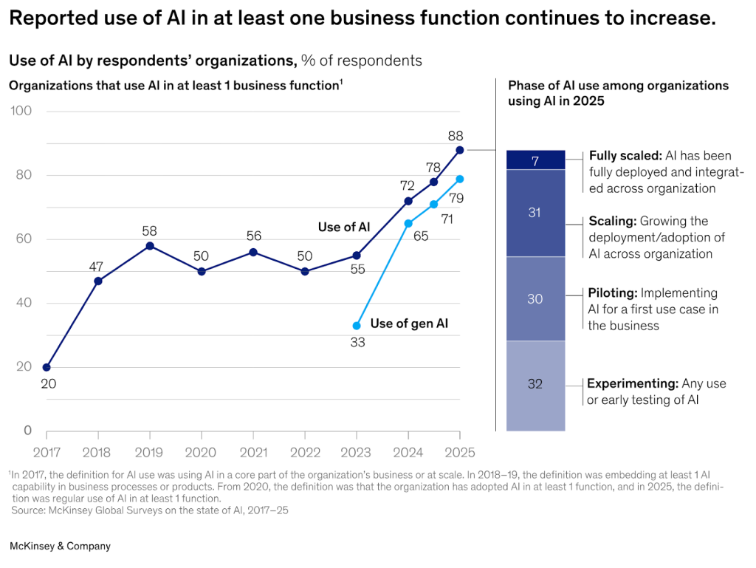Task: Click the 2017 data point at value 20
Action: pyautogui.click(x=47, y=367)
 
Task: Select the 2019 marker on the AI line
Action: pyautogui.click(x=150, y=245)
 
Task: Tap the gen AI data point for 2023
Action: pyautogui.click(x=357, y=326)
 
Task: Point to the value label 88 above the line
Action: pyautogui.click(x=456, y=136)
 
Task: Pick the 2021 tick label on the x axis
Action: pyautogui.click(x=253, y=452)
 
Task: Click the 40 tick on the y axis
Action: pyautogui.click(x=24, y=303)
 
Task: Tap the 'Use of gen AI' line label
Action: pyautogui.click(x=409, y=323)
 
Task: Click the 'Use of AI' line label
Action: pyautogui.click(x=343, y=227)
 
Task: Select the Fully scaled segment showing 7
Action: pyautogui.click(x=535, y=160)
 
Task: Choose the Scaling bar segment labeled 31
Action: pyautogui.click(x=535, y=213)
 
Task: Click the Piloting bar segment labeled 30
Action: pyautogui.click(x=535, y=299)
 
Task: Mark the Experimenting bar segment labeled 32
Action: pyautogui.click(x=535, y=385)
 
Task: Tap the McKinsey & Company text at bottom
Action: pyautogui.click(x=60, y=546)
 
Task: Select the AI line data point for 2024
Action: pyautogui.click(x=408, y=200)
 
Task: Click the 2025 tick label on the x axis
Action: pyautogui.click(x=460, y=452)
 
